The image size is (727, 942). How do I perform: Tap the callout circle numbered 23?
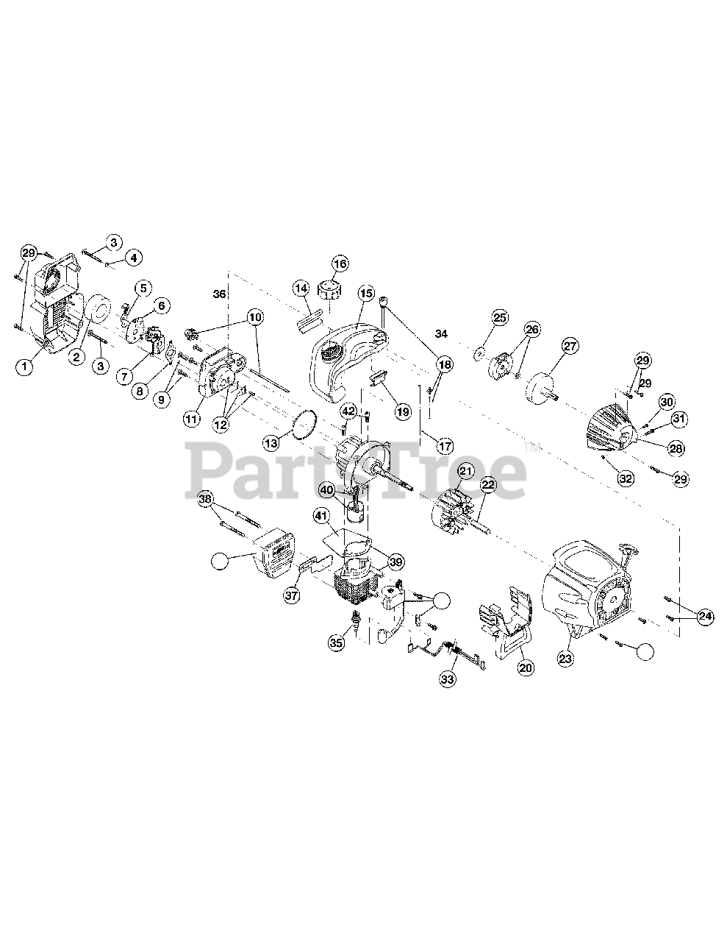tap(565, 659)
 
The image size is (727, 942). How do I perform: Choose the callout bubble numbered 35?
tap(337, 642)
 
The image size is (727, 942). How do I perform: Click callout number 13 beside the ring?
tap(271, 442)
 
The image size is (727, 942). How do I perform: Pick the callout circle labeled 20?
tap(525, 667)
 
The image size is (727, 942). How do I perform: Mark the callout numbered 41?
tap(320, 516)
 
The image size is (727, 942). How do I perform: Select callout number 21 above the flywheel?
tap(465, 471)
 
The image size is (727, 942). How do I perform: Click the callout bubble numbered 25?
tap(499, 318)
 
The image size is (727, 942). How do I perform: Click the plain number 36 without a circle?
tap(219, 294)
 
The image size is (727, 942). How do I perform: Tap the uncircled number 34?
tap(441, 334)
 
